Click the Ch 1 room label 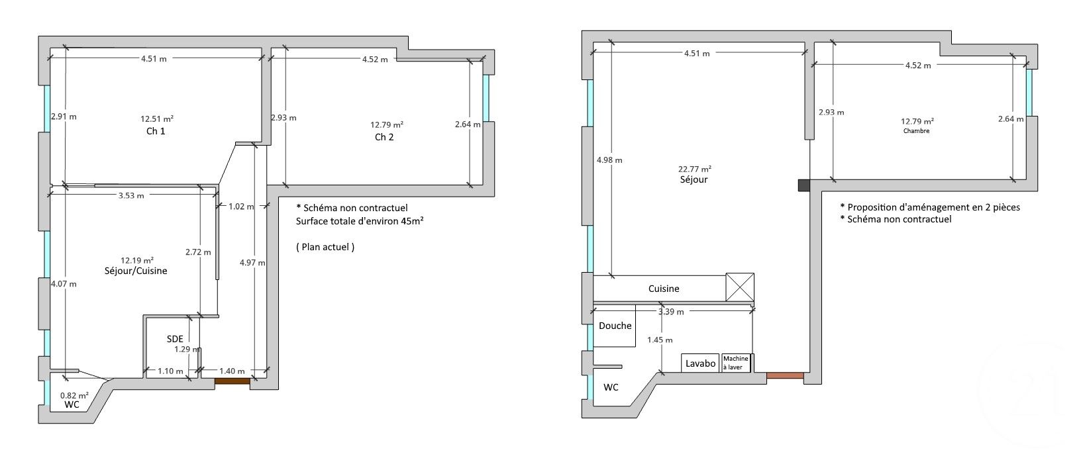click(x=156, y=131)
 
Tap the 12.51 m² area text click(x=156, y=119)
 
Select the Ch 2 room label click(x=384, y=137)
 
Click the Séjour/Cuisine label click(x=136, y=271)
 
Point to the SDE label click(x=175, y=339)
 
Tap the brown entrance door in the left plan click(x=232, y=381)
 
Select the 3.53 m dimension click(x=131, y=195)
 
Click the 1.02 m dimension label click(x=240, y=207)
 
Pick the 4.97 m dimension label click(x=252, y=263)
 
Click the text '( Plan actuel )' click(x=325, y=247)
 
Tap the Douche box click(x=615, y=326)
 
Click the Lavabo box click(x=700, y=363)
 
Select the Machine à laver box click(x=735, y=363)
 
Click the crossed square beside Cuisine click(x=740, y=288)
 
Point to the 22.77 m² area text click(x=694, y=169)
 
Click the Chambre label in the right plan click(x=916, y=131)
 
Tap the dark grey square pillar click(x=803, y=185)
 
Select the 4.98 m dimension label click(x=609, y=160)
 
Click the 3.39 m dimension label click(x=670, y=311)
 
